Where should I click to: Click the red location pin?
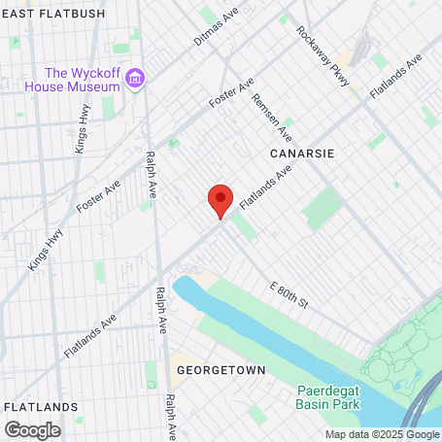click(221, 200)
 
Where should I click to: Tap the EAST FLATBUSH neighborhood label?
click(46, 11)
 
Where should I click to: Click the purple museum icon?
click(135, 78)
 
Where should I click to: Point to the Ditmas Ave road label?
click(216, 28)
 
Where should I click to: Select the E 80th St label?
click(289, 295)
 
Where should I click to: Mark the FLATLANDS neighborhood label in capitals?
click(40, 405)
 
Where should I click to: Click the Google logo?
click(32, 428)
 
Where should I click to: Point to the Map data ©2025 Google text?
click(381, 434)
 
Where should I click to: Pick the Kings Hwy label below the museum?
click(80, 135)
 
